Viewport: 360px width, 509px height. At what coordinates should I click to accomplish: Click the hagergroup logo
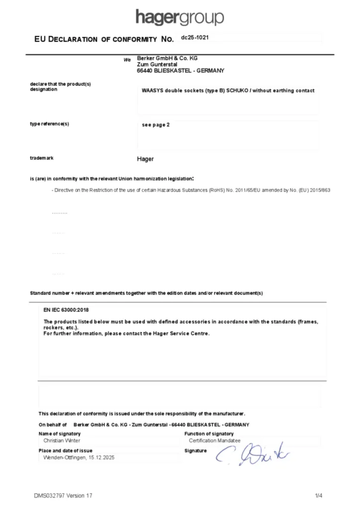point(180,17)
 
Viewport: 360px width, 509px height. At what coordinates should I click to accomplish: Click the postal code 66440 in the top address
point(145,71)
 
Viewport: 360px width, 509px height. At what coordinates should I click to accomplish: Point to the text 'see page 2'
point(156,125)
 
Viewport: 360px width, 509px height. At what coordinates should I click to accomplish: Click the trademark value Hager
point(145,159)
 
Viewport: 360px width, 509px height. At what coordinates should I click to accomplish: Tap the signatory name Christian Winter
point(62,440)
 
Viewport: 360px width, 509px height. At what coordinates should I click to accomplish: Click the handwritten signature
point(252,453)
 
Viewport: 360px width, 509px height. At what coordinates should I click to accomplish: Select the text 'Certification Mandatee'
point(214,440)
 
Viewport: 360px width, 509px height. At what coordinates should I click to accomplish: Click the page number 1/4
point(319,496)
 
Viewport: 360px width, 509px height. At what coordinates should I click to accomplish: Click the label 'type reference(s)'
point(49,124)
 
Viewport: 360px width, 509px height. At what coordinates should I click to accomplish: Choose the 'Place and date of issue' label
point(65,450)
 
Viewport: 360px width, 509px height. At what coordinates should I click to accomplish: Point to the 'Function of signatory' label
point(209,434)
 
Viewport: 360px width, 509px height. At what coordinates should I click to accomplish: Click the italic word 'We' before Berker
point(127,60)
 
